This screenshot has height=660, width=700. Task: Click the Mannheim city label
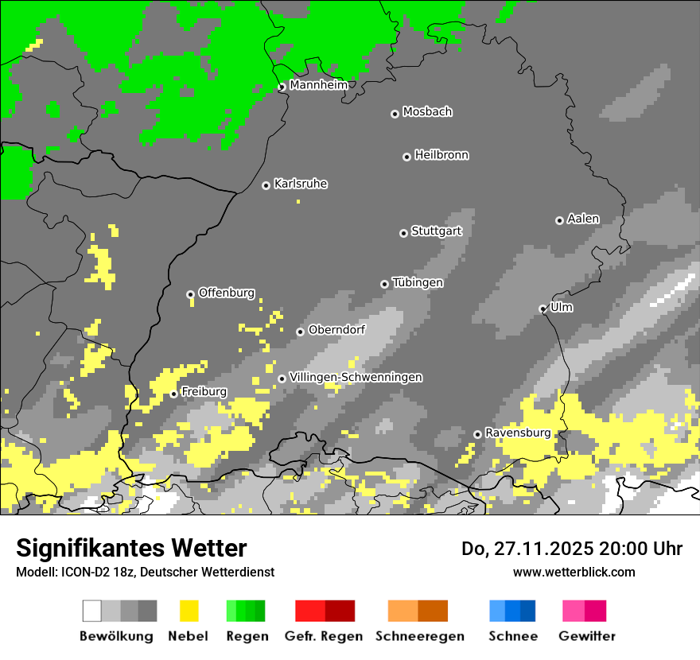tap(318, 85)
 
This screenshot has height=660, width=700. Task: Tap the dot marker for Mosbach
tap(395, 114)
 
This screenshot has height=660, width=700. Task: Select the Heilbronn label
tap(441, 155)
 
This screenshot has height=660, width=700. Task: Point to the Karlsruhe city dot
tap(266, 185)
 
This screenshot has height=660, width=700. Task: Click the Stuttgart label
tap(436, 231)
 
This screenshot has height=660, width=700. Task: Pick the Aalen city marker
tap(559, 220)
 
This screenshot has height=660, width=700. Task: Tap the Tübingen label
tap(418, 282)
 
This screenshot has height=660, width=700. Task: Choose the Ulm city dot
tap(542, 309)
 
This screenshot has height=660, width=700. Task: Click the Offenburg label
tap(226, 293)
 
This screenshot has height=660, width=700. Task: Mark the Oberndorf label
tap(336, 330)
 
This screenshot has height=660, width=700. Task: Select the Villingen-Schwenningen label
tap(356, 377)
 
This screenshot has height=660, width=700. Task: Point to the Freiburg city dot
tap(173, 394)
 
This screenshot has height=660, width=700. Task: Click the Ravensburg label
tap(518, 433)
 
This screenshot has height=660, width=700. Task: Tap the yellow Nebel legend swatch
tap(189, 611)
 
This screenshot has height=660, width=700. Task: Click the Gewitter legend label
tap(587, 636)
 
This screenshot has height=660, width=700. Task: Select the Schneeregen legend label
tap(420, 636)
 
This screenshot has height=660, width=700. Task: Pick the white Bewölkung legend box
tap(92, 611)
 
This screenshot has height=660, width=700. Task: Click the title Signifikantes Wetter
tap(131, 548)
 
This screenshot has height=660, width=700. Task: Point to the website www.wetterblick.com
tap(574, 572)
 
